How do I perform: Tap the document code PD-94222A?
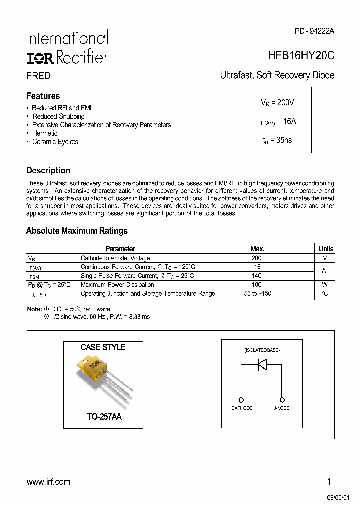pyautogui.click(x=314, y=31)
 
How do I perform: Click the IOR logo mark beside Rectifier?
pyautogui.click(x=40, y=58)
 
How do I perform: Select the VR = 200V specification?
pyautogui.click(x=277, y=102)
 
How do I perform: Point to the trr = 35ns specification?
pyautogui.click(x=277, y=140)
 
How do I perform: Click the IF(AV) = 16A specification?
pyautogui.click(x=277, y=121)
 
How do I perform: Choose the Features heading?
pyautogui.click(x=43, y=96)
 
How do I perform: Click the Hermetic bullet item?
pyautogui.click(x=45, y=133)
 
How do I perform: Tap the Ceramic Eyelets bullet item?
pyautogui.click(x=55, y=142)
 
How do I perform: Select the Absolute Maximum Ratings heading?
pyautogui.click(x=76, y=231)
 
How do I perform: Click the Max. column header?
pyautogui.click(x=257, y=249)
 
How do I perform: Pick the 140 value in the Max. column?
pyautogui.click(x=257, y=276)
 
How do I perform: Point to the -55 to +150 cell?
pyautogui.click(x=257, y=294)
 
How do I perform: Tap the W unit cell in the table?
pyautogui.click(x=325, y=285)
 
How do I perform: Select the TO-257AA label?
pyautogui.click(x=103, y=416)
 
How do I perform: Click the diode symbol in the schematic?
pyautogui.click(x=261, y=365)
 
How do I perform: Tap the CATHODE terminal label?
pyautogui.click(x=242, y=408)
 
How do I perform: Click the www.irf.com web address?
pyautogui.click(x=48, y=482)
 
